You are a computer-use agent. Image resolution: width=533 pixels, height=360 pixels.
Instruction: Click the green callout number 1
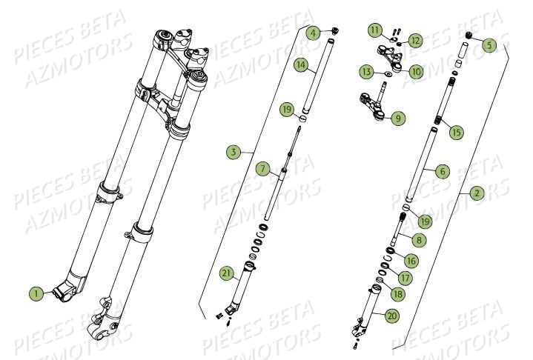[35, 293]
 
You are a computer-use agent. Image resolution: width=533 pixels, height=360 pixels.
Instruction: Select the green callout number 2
[477, 194]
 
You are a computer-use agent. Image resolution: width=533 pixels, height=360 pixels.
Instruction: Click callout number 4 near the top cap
[314, 33]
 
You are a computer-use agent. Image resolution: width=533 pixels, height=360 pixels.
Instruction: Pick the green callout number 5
[487, 45]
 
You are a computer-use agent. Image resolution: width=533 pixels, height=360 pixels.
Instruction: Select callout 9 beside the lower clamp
[398, 118]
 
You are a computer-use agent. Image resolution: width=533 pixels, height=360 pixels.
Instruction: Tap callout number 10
[415, 72]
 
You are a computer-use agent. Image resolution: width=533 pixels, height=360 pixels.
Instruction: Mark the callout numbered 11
[377, 30]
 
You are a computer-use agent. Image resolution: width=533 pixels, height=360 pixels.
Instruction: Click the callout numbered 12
[415, 41]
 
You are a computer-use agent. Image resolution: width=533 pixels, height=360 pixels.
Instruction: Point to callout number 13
[366, 72]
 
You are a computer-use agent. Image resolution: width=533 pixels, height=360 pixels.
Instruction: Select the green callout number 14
[299, 65]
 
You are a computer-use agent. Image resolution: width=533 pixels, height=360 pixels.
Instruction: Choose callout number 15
[455, 132]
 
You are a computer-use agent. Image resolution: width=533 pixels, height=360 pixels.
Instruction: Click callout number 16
[411, 261]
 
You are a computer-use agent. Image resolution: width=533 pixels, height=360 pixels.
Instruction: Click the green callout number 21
[227, 274]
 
